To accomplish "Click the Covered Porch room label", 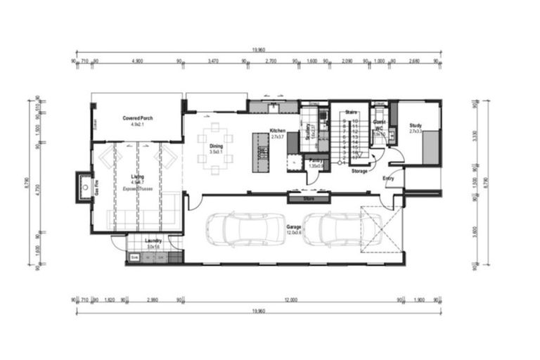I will [137, 117].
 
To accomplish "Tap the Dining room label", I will [215, 146].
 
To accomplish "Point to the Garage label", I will [294, 227].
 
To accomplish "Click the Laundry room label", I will [153, 241].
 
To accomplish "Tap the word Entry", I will [388, 178].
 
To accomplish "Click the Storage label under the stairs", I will [359, 171].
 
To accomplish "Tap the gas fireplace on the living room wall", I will [85, 187].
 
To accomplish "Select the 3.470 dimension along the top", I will [213, 62].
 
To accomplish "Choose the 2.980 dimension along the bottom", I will [152, 300].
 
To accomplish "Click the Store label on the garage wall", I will [307, 199].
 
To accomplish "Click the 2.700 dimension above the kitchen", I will [271, 62].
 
